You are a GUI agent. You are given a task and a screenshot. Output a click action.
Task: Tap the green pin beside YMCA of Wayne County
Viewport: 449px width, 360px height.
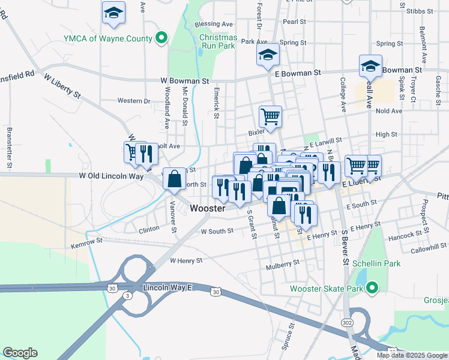coord(161,39)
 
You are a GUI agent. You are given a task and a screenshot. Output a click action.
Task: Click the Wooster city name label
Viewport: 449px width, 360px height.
coord(208,209)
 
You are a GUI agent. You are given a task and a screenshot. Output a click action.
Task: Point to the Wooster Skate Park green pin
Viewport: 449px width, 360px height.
coord(372,289)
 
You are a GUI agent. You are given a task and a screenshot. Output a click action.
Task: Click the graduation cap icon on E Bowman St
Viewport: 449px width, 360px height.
coord(268,56)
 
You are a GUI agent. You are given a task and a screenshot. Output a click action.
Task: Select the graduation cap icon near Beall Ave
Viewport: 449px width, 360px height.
coord(370,67)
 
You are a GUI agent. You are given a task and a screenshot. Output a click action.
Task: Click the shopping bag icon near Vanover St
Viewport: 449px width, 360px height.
coord(174,179)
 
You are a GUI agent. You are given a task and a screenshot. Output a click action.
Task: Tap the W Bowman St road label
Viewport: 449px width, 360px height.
coord(184,80)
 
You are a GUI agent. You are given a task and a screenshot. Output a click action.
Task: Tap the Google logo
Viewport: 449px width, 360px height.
coord(20,353)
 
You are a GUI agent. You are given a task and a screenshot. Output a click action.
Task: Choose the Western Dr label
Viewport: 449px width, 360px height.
coord(133,101)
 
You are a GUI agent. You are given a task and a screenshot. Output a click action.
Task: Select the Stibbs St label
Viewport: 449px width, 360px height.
coord(418,11)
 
